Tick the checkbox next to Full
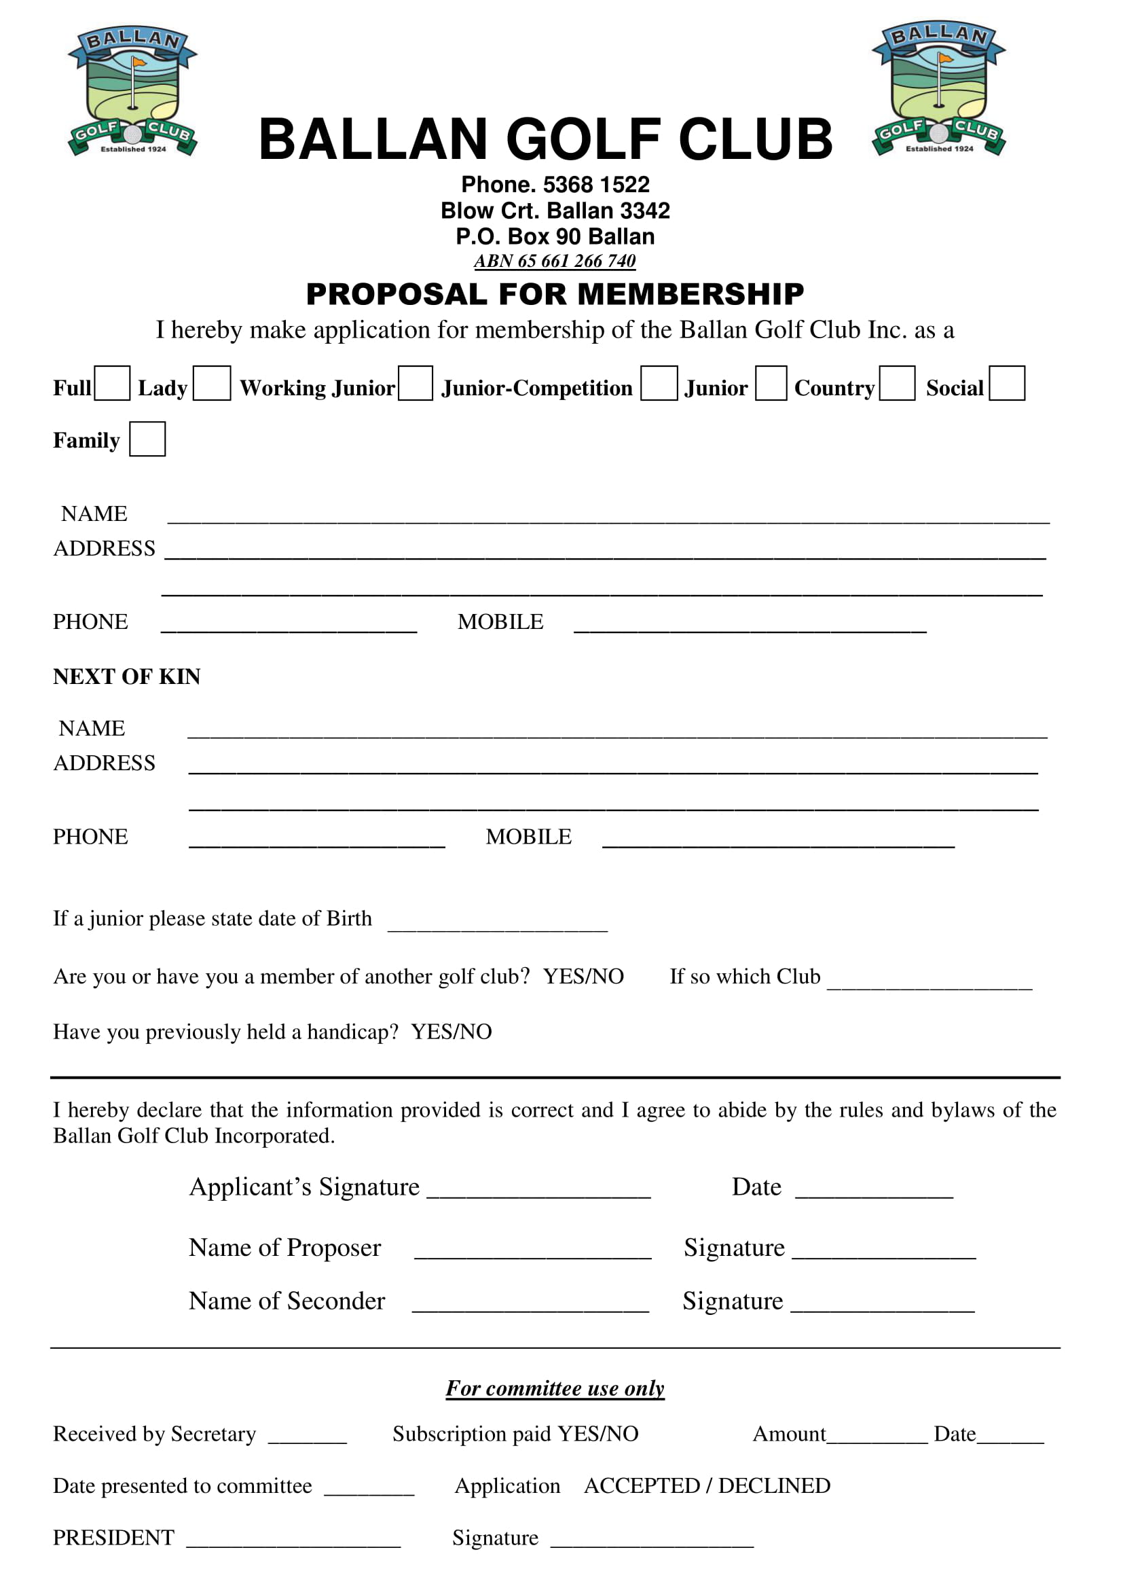112,383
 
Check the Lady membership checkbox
212,383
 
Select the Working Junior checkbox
416,383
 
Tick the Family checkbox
147,439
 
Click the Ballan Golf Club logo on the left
133,90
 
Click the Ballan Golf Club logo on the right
938,88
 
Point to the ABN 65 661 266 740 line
555,261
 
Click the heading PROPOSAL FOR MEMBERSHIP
555,294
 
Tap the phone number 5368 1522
596,185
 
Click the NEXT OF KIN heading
126,676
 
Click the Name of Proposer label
285,1248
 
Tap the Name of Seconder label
287,1301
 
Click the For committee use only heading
555,1388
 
